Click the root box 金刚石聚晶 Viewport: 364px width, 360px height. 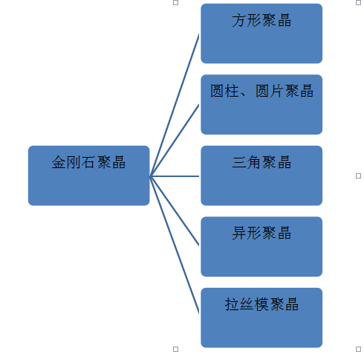tap(89, 176)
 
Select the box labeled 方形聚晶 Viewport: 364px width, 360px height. tap(261, 33)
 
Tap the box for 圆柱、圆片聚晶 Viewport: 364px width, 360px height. tap(261, 104)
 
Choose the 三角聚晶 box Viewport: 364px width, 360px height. tap(261, 176)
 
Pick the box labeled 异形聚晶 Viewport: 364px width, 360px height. tap(261, 246)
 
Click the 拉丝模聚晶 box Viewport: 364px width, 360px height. tap(261, 318)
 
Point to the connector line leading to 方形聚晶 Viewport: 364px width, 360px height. tap(175, 105)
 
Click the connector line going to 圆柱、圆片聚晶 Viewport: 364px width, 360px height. tap(175, 141)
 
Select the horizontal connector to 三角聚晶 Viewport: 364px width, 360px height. tap(175, 176)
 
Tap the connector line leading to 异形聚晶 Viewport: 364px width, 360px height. tap(175, 211)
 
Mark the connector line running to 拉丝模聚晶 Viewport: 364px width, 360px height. tap(175, 245)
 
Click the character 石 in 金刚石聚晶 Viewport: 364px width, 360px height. tap(88, 162)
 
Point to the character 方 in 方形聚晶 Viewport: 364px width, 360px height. tap(239, 20)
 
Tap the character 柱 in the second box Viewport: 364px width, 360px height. tap(232, 91)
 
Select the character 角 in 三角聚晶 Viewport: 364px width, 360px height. tap(254, 162)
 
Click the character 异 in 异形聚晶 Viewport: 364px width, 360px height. tap(239, 233)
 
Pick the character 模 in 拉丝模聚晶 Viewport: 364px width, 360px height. tap(261, 304)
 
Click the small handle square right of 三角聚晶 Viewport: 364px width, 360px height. tap(358, 176)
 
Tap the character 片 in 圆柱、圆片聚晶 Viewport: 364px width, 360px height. tap(277, 91)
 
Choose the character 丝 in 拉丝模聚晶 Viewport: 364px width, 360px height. tap(247, 304)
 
